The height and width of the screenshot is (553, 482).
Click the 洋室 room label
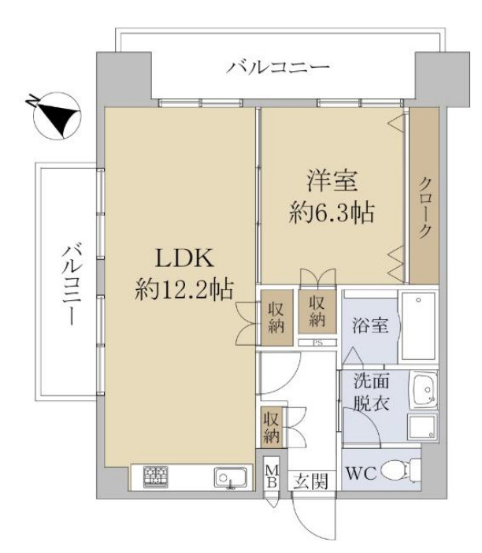point(332,181)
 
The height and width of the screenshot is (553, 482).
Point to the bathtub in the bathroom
point(417,326)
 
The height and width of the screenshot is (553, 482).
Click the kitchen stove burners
point(156,476)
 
